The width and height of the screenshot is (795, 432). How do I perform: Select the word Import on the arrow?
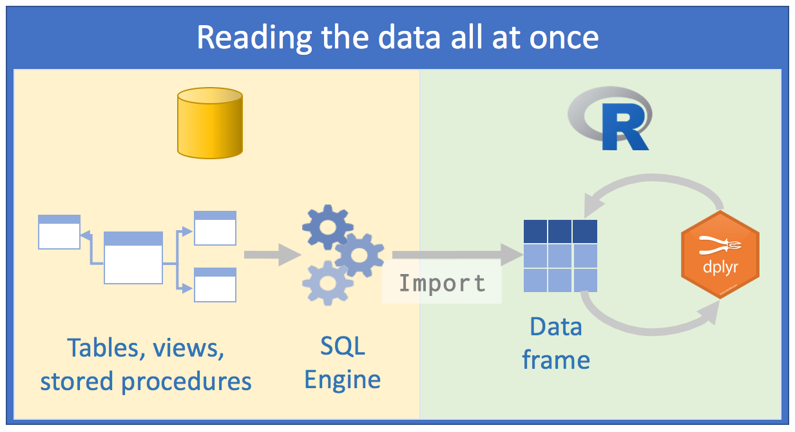pyautogui.click(x=442, y=283)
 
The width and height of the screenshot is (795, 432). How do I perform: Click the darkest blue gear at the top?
pyautogui.click(x=327, y=226)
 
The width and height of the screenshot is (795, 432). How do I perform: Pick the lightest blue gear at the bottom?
pyautogui.click(x=327, y=283)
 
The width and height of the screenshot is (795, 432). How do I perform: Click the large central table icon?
pyautogui.click(x=133, y=257)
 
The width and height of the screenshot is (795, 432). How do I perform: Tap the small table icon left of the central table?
pyautogui.click(x=59, y=231)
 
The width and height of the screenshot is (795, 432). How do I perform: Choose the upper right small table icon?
pyautogui.click(x=215, y=228)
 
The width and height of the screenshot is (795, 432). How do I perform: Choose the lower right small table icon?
pyautogui.click(x=215, y=284)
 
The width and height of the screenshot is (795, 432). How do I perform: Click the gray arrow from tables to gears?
pyautogui.click(x=271, y=255)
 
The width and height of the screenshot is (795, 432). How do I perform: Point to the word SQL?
pyautogui.click(x=343, y=346)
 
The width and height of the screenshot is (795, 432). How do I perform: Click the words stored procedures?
pyautogui.click(x=146, y=381)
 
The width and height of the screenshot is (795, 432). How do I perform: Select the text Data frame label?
pyautogui.click(x=555, y=343)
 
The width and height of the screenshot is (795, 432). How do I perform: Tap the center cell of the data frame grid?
pyautogui.click(x=560, y=256)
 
